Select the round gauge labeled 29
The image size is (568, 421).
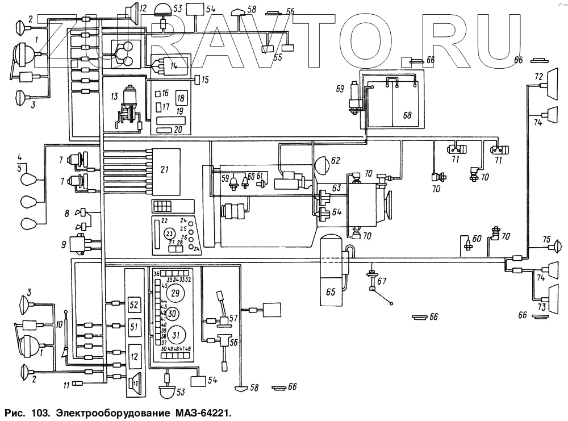tap(175, 294)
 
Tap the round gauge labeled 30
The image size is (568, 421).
tap(173, 314)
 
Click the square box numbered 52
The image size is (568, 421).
tap(134, 305)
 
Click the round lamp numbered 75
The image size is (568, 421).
tap(558, 247)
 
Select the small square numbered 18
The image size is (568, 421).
tap(181, 97)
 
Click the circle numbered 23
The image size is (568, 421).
tap(169, 234)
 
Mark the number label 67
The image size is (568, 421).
tap(381, 281)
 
